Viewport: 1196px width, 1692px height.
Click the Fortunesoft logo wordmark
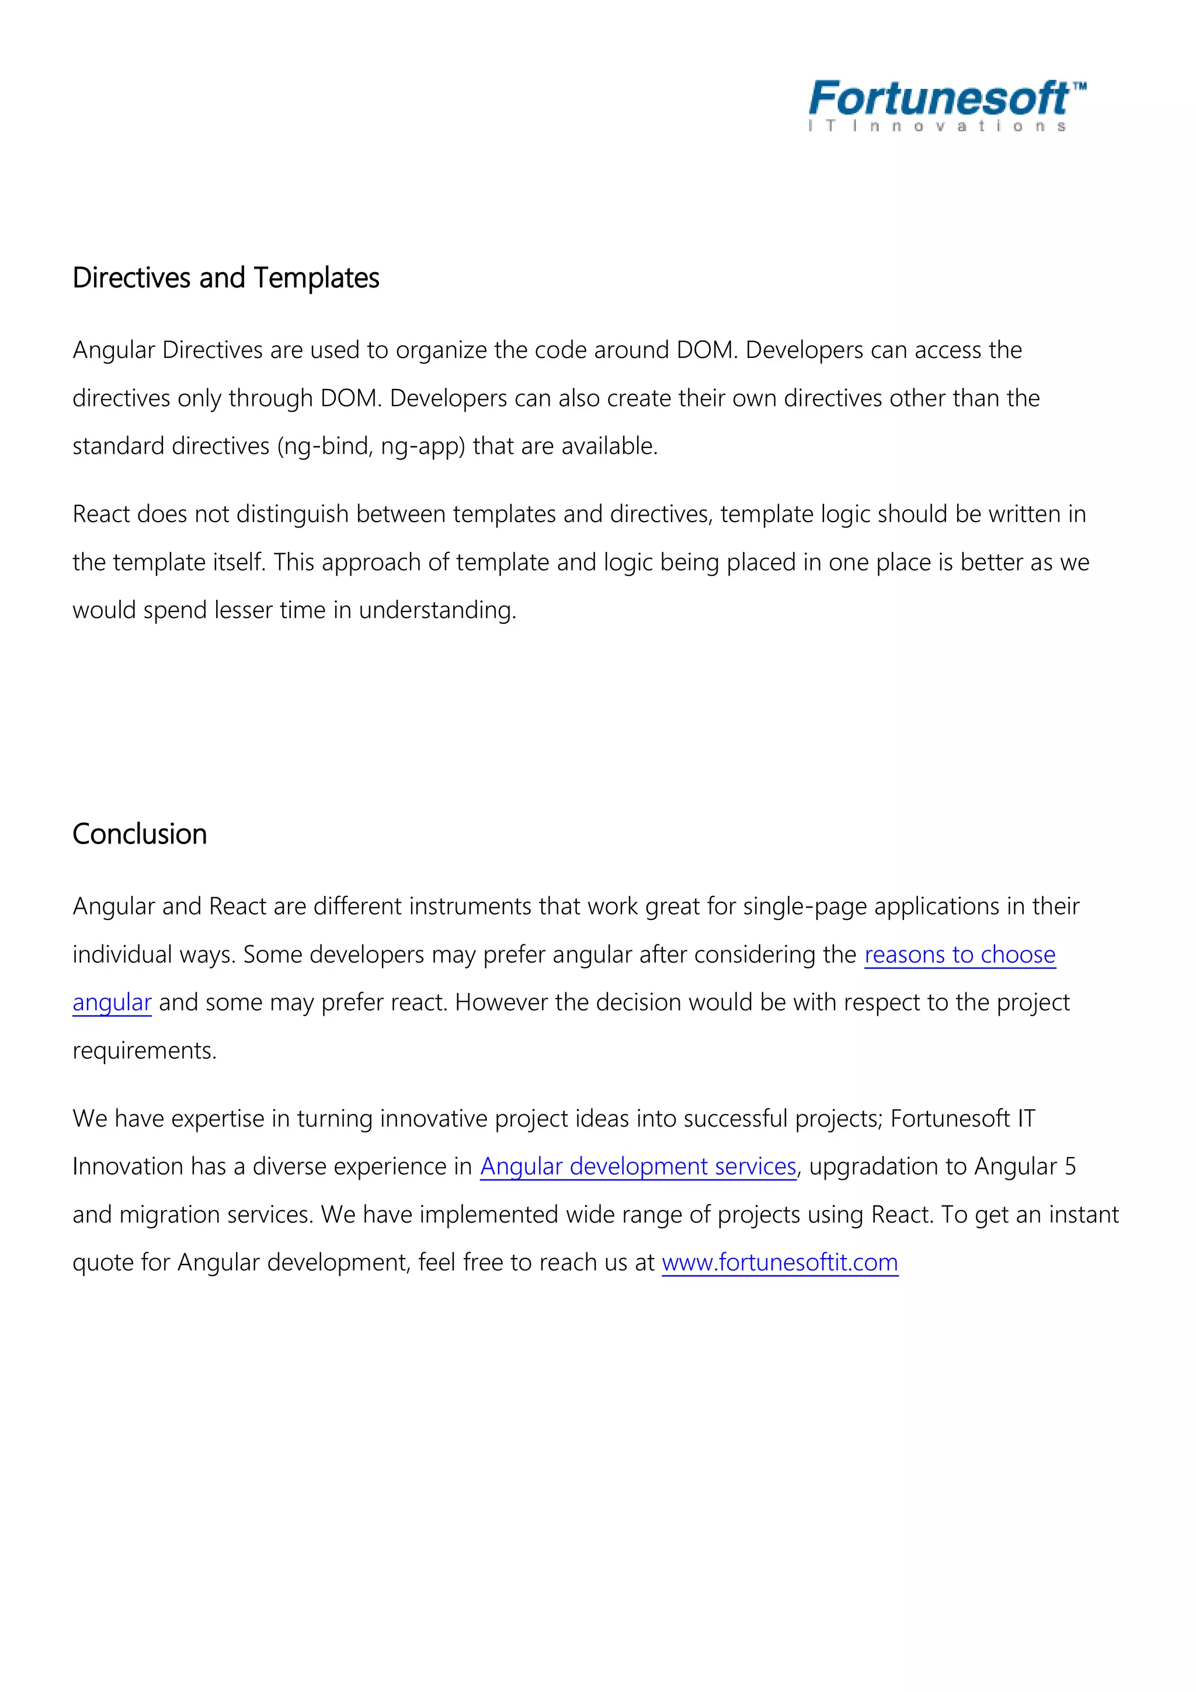click(x=938, y=98)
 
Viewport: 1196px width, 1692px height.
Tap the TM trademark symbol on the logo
click(x=1079, y=87)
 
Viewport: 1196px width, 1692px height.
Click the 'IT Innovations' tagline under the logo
click(x=937, y=126)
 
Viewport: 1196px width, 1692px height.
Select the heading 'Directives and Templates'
click(x=225, y=278)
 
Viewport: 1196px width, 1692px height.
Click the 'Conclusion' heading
click(x=139, y=834)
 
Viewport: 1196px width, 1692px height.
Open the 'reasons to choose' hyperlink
click(x=959, y=954)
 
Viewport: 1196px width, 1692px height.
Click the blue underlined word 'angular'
click(x=112, y=1002)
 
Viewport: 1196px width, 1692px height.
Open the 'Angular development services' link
click(x=638, y=1166)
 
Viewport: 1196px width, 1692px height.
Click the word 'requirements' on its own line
click(x=142, y=1051)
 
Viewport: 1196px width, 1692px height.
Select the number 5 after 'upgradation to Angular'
click(x=1070, y=1166)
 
